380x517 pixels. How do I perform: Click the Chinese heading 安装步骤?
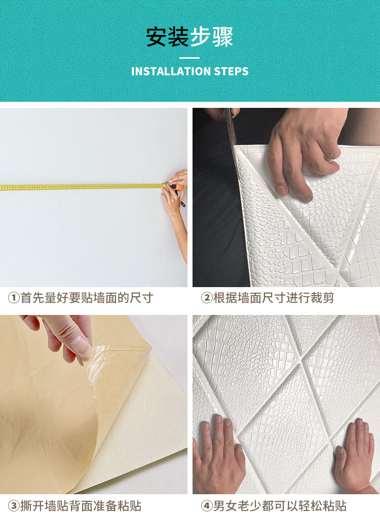click(189, 37)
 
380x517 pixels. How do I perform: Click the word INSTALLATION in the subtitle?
click(171, 71)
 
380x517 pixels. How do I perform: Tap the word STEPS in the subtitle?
click(231, 71)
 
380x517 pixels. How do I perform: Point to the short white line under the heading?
click(189, 58)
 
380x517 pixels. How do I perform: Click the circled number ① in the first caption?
click(14, 298)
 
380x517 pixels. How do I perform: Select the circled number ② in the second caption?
click(207, 298)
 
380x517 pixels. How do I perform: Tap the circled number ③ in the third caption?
click(14, 506)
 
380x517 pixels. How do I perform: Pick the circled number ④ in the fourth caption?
click(207, 506)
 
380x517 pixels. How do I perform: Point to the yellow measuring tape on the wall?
click(83, 187)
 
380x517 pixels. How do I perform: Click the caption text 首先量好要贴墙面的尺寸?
click(87, 298)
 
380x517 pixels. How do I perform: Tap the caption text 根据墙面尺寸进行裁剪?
click(274, 298)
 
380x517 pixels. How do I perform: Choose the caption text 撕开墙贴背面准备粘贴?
click(81, 506)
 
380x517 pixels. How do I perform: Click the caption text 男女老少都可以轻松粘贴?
click(280, 506)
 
